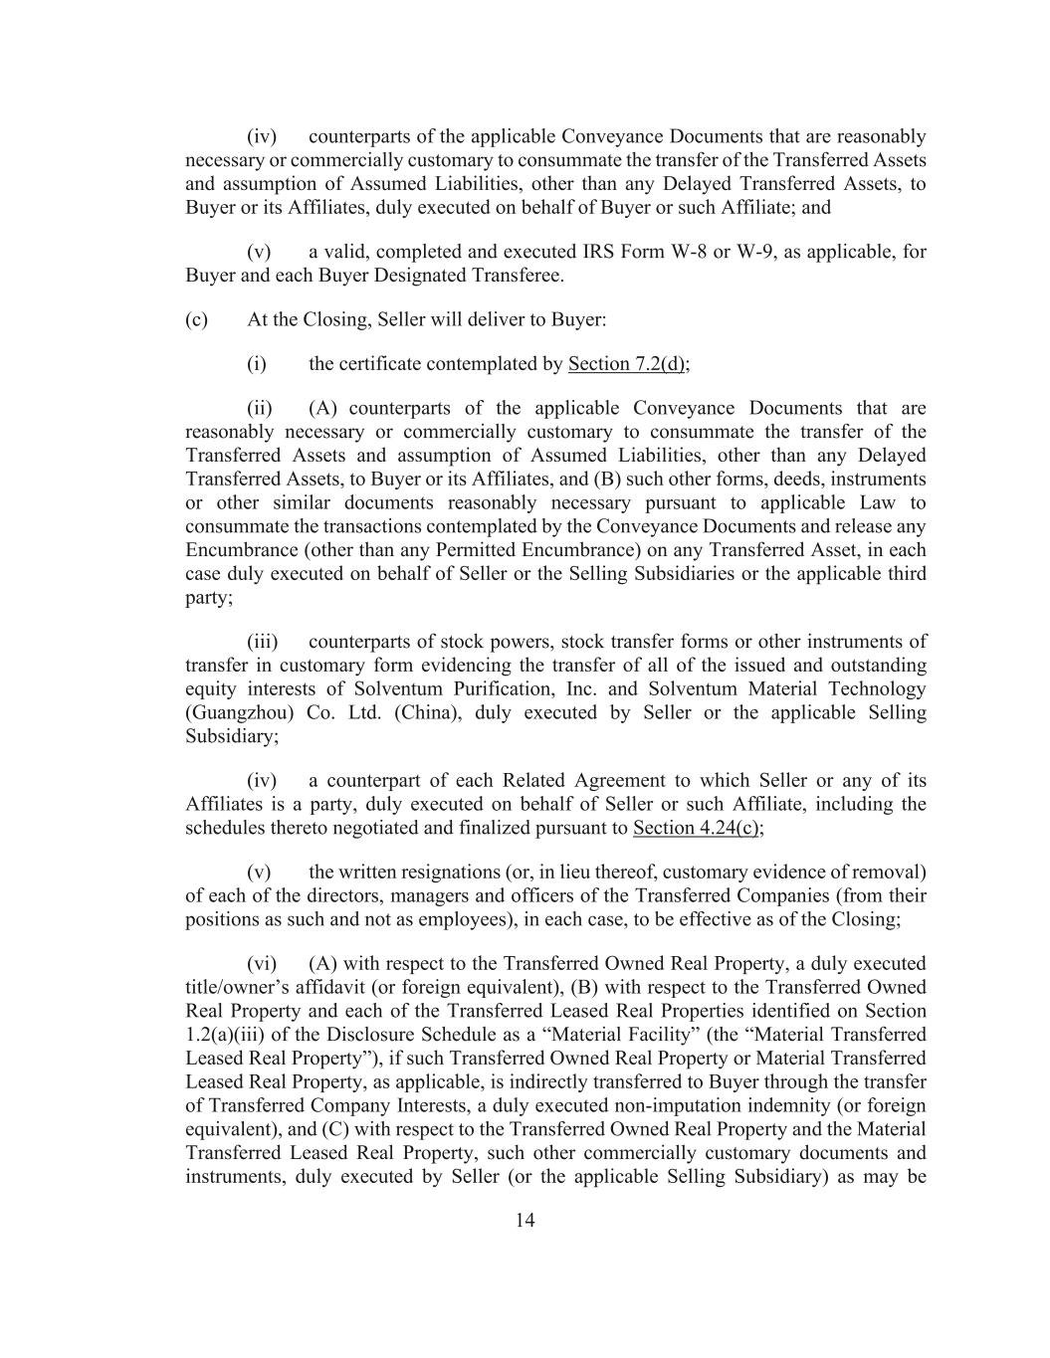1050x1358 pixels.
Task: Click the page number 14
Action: tap(525, 1221)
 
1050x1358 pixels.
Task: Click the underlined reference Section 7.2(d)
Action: tap(627, 364)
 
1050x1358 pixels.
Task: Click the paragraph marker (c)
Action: tap(196, 319)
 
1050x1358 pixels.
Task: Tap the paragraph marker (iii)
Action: tap(262, 642)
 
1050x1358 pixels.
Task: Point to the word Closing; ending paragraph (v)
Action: tap(866, 919)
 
